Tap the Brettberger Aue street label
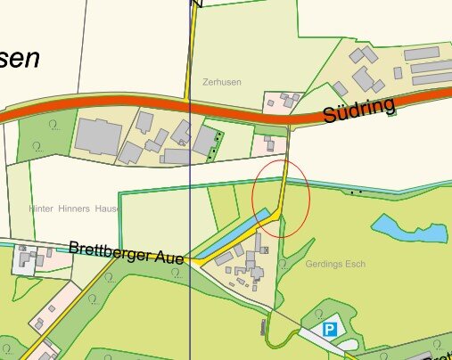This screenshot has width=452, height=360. pyautogui.click(x=126, y=252)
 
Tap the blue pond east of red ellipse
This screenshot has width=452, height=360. pyautogui.click(x=409, y=229)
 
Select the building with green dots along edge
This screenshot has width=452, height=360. pyautogui.click(x=209, y=141)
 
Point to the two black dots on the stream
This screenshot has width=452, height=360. pyautogui.click(x=357, y=191)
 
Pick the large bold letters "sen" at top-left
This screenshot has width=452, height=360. pyautogui.click(x=20, y=58)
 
